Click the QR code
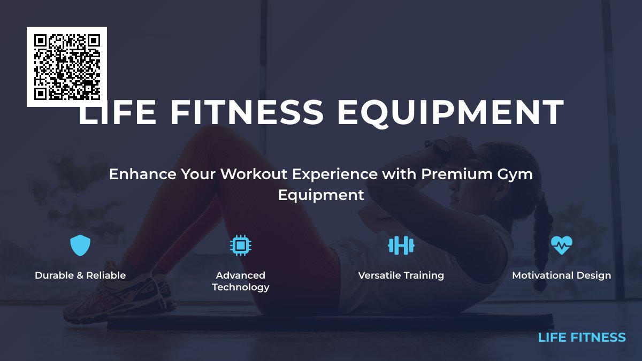click(x=67, y=67)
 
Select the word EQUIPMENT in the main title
click(x=450, y=112)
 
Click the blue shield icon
click(x=80, y=245)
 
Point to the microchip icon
click(x=241, y=245)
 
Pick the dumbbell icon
click(x=401, y=245)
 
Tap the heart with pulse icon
click(x=562, y=245)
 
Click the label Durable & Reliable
click(x=80, y=275)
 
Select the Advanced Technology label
click(x=241, y=281)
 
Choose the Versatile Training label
click(x=401, y=275)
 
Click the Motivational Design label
click(x=562, y=275)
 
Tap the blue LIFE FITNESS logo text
click(x=582, y=337)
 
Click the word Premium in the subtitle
click(x=454, y=174)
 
